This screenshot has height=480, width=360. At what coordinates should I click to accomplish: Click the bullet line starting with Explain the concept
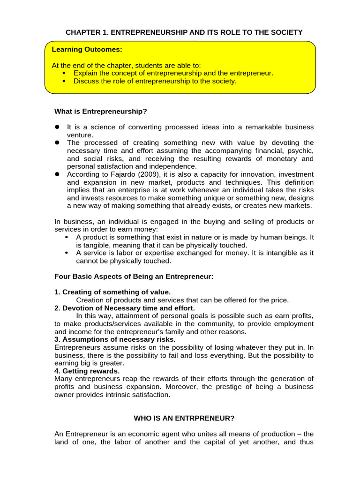(x=173, y=73)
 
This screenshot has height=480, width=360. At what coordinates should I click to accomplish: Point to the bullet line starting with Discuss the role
(x=155, y=81)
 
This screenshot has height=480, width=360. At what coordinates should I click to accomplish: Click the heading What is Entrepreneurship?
(x=100, y=112)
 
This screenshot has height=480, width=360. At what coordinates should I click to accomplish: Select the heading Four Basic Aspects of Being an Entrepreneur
(x=134, y=277)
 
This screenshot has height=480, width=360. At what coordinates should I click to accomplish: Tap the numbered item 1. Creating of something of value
(x=112, y=292)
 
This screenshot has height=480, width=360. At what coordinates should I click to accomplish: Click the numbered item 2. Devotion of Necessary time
(x=124, y=308)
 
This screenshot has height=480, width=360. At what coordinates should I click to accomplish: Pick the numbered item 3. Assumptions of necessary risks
(x=115, y=339)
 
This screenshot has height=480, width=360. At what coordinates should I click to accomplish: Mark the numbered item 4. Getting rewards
(x=87, y=371)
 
